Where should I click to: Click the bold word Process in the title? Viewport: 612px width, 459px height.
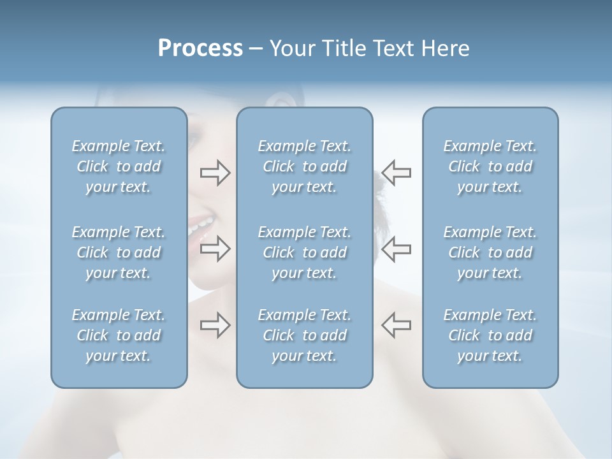tap(200, 48)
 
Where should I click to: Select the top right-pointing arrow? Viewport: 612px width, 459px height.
tap(215, 172)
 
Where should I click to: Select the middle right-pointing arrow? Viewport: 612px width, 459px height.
tap(215, 249)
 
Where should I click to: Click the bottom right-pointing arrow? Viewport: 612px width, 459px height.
tap(215, 325)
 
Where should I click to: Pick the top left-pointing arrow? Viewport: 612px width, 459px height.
tap(397, 172)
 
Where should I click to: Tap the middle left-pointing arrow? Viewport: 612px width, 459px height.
tap(397, 249)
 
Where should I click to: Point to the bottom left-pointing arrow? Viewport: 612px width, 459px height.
tap(397, 325)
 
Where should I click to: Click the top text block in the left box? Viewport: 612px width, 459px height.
tap(119, 166)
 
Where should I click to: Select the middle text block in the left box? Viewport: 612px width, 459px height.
tap(119, 252)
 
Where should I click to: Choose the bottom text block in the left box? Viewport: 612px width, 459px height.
tap(119, 335)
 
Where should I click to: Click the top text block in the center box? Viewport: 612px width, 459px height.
tap(305, 166)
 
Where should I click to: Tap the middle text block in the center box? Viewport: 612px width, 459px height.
tap(305, 252)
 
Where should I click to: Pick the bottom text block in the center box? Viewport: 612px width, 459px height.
tap(305, 335)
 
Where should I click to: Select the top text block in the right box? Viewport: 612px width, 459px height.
tap(490, 166)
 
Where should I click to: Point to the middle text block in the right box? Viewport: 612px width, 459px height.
tap(490, 252)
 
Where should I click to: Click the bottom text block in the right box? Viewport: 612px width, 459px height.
tap(490, 335)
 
